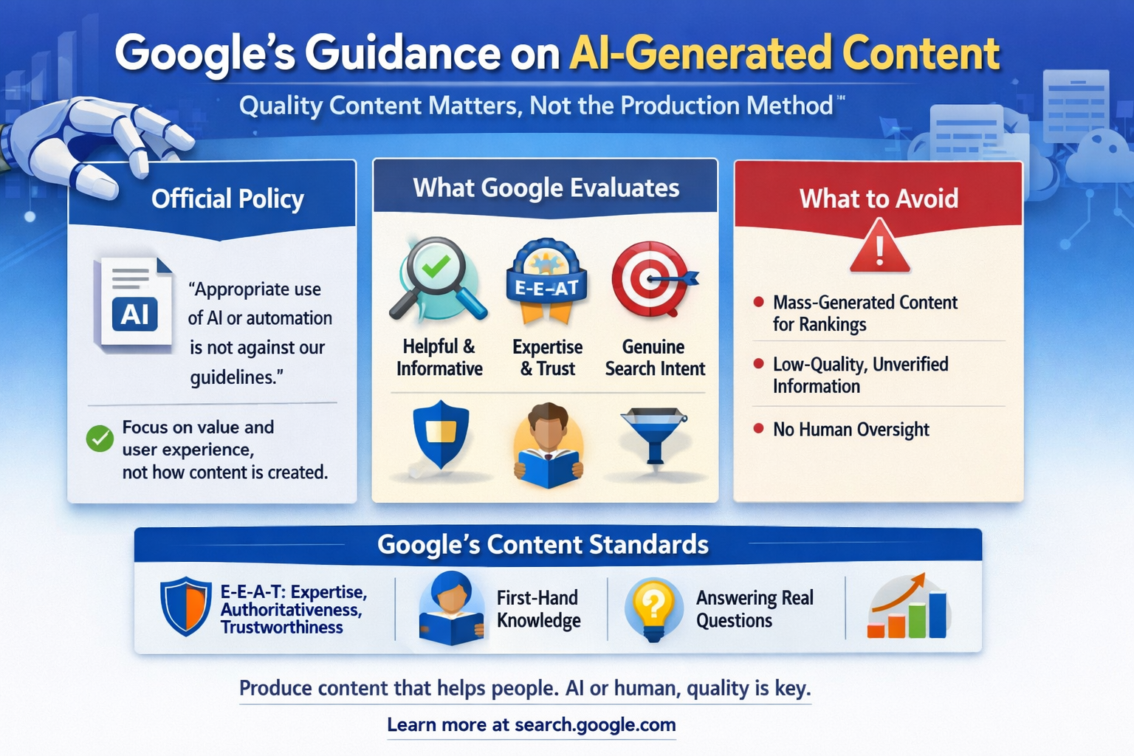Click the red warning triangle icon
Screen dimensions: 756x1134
(x=879, y=248)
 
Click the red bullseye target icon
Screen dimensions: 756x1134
(x=652, y=279)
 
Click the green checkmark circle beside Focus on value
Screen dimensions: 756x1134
(x=100, y=439)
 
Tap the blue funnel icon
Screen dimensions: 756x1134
(x=654, y=435)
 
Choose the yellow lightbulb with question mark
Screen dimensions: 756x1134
(x=653, y=608)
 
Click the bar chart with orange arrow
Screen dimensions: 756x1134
(x=908, y=608)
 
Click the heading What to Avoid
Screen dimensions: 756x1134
(x=879, y=199)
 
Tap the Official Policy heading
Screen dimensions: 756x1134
(x=227, y=199)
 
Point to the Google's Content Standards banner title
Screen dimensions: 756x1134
(x=543, y=545)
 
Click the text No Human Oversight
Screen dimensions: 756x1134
(x=850, y=430)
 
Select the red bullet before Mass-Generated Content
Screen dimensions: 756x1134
(x=758, y=302)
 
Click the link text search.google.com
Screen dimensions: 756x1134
(x=595, y=725)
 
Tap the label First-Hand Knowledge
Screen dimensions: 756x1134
(x=538, y=609)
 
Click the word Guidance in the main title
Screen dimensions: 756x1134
(x=403, y=53)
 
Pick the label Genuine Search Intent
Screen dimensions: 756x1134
(x=655, y=358)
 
